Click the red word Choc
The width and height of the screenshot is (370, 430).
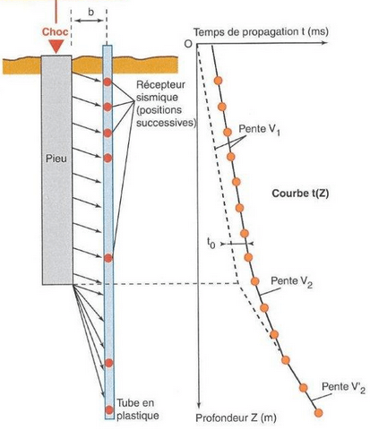(x=56, y=32)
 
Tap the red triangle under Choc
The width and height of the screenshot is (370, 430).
(x=56, y=47)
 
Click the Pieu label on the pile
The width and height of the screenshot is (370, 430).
(x=56, y=159)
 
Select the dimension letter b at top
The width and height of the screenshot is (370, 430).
(x=90, y=13)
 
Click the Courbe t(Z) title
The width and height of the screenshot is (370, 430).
(x=300, y=193)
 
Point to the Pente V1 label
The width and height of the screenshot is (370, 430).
(x=259, y=130)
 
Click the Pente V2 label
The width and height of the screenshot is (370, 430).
(x=291, y=281)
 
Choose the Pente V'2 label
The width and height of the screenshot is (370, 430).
(x=343, y=388)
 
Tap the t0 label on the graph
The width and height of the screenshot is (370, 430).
(x=211, y=245)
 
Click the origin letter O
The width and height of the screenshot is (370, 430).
(x=188, y=44)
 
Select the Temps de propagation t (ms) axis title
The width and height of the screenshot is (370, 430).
(x=261, y=32)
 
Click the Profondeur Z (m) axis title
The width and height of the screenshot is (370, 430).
(x=236, y=418)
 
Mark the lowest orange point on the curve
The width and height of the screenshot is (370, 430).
(x=319, y=413)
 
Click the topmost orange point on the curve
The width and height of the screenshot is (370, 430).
(x=219, y=81)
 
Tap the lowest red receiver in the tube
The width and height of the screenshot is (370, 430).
(x=109, y=409)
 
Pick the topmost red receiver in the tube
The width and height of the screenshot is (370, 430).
(x=108, y=82)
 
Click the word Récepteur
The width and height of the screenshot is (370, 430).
(x=160, y=85)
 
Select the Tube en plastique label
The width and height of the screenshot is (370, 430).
(x=138, y=408)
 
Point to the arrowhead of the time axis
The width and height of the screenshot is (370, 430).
(x=324, y=43)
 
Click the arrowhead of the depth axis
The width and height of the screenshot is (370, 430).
(x=199, y=405)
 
